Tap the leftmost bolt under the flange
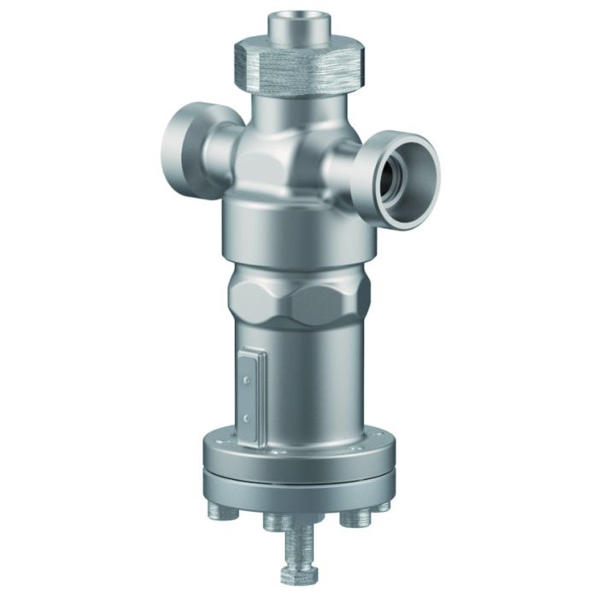point(216,510)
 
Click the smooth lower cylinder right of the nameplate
point(316,384)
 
